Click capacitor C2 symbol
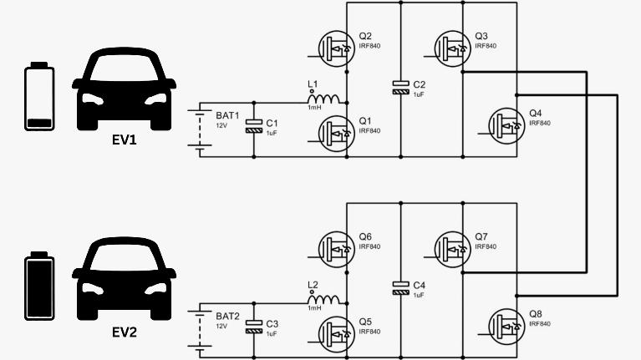pos(402,87)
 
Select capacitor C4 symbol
pos(402,287)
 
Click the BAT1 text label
pos(227,115)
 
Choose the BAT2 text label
pos(227,316)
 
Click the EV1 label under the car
pos(124,139)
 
